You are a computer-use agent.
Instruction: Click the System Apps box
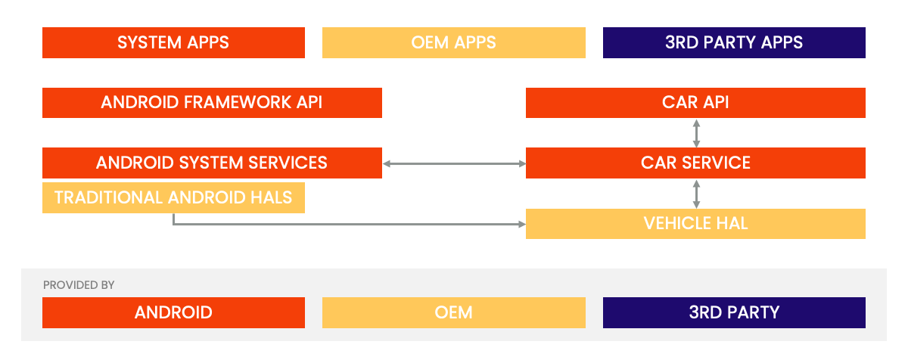(x=173, y=42)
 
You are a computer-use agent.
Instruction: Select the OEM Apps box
(x=453, y=42)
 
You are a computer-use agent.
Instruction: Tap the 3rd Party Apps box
(x=734, y=42)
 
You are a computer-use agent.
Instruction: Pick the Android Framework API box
(x=212, y=103)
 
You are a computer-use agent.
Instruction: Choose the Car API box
(x=695, y=103)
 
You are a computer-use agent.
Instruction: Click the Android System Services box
(x=212, y=163)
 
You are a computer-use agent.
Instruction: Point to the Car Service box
(x=695, y=163)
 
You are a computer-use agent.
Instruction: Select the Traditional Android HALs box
(x=173, y=198)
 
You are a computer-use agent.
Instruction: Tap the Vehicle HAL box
(x=695, y=224)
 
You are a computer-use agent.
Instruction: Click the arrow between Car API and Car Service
(x=696, y=133)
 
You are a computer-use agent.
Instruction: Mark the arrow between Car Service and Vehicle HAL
(x=696, y=194)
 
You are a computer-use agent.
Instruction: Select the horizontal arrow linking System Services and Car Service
(x=454, y=163)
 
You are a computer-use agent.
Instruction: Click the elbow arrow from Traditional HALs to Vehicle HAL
(x=348, y=224)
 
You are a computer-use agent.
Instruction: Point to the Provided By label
(x=79, y=285)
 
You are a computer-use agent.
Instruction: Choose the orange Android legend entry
(x=173, y=312)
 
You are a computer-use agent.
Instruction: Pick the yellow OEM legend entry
(x=453, y=312)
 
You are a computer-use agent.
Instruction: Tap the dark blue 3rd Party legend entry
(x=734, y=312)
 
